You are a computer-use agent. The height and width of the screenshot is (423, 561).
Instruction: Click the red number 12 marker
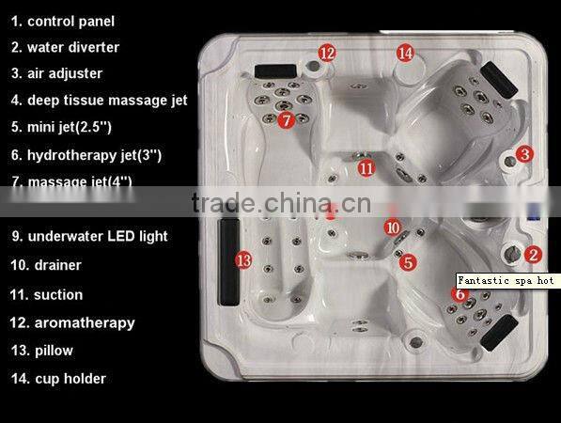(326, 54)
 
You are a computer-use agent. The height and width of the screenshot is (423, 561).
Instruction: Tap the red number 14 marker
(404, 54)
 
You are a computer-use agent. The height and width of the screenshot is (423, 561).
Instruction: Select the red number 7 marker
(287, 119)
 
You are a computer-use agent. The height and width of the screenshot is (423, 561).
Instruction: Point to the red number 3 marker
(524, 154)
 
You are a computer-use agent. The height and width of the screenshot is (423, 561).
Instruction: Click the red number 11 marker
(366, 168)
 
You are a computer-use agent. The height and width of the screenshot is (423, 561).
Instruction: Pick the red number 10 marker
(392, 227)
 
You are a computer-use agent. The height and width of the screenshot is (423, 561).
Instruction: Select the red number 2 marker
(532, 254)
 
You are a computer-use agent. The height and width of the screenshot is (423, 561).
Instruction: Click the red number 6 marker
(459, 294)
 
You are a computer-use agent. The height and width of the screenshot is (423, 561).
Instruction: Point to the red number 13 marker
(243, 259)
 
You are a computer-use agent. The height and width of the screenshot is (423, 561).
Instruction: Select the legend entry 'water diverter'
(73, 47)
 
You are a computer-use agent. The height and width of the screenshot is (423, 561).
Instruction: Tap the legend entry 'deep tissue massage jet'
(106, 100)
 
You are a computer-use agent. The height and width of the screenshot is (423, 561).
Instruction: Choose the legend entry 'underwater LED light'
(97, 236)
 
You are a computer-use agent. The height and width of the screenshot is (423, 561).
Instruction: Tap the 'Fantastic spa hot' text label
(506, 281)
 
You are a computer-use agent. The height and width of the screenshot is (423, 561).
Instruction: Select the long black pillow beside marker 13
(226, 259)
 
